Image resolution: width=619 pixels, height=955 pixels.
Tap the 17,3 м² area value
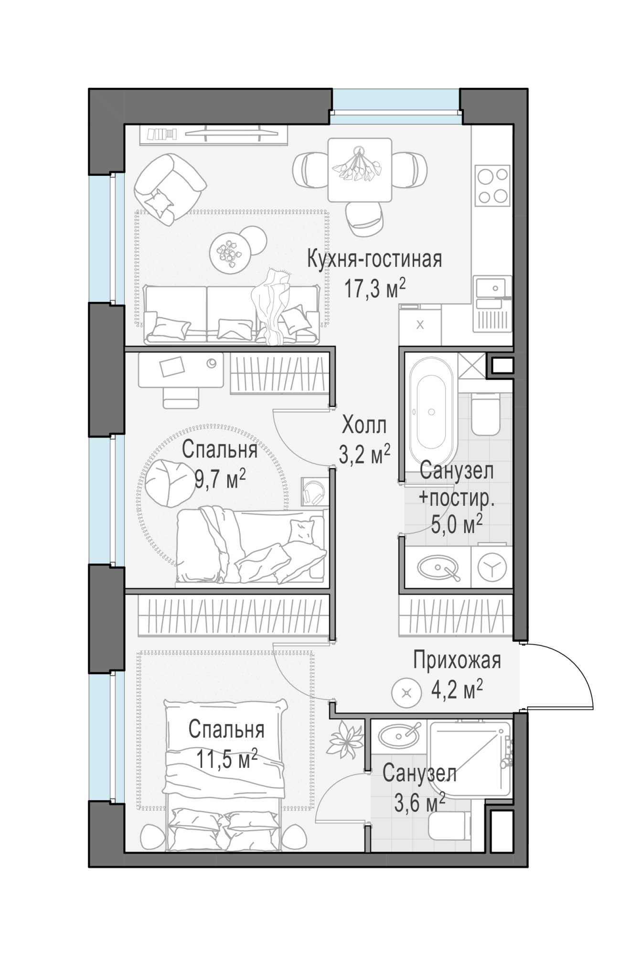[x=375, y=289]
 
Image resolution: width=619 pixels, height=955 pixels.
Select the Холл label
[x=364, y=425]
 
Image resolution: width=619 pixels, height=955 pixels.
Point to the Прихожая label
[x=457, y=661]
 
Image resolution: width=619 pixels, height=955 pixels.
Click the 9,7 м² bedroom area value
[x=220, y=478]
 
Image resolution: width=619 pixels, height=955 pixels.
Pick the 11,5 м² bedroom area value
[x=227, y=759]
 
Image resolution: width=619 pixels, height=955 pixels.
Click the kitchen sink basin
[x=492, y=288]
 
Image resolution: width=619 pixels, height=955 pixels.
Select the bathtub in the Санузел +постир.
[x=432, y=412]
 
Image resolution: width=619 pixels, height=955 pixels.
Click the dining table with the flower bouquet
[x=360, y=170]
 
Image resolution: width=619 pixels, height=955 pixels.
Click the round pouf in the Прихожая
[x=406, y=693]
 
